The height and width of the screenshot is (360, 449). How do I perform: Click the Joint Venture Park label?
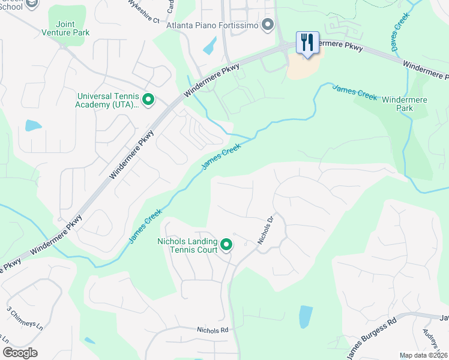tap(65, 28)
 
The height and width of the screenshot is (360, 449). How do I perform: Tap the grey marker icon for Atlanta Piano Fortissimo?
tap(268, 25)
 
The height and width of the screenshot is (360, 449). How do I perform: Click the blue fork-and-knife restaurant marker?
tap(307, 43)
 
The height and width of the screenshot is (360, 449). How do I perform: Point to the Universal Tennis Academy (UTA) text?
tap(108, 100)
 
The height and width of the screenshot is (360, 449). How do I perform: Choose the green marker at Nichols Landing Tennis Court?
tap(226, 245)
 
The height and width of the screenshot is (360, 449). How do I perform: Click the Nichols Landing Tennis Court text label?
tap(187, 245)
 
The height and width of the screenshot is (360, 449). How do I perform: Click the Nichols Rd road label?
tap(212, 330)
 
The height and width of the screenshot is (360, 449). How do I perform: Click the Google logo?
tap(20, 353)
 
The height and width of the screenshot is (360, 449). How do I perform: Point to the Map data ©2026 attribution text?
tap(423, 355)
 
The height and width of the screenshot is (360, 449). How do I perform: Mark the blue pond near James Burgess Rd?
tap(306, 316)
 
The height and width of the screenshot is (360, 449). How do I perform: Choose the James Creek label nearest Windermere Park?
tap(354, 92)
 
